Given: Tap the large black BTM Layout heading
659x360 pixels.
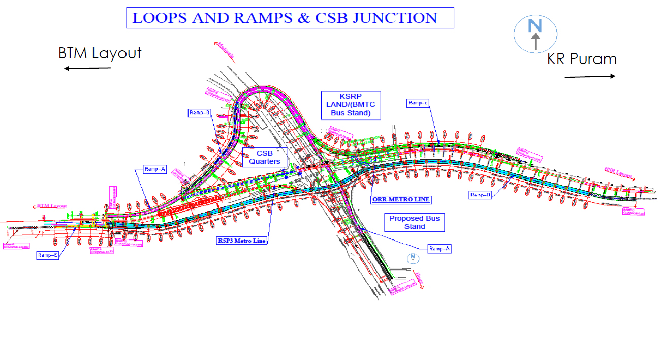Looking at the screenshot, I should click(100, 53).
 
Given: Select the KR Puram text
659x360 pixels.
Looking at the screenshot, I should click(582, 59).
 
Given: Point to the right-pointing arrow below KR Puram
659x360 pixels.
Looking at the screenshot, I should click(590, 76).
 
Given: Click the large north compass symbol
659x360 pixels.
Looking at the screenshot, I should click(535, 34).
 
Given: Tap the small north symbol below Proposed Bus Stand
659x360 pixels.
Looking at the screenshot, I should click(414, 258).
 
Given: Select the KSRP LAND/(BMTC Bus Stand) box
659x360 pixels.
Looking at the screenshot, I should click(351, 105).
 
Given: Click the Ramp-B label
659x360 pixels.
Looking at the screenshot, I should click(199, 113).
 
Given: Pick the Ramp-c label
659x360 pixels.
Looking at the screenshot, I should click(418, 103).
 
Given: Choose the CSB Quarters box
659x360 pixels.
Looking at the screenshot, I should click(264, 157).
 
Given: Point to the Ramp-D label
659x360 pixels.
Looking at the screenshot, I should click(480, 195).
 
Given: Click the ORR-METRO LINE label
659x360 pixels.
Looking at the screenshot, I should click(401, 200).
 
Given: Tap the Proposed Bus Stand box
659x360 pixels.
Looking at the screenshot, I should click(414, 222).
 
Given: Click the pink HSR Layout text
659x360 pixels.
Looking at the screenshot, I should click(618, 173).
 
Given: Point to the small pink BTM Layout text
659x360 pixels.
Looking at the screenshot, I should click(52, 206).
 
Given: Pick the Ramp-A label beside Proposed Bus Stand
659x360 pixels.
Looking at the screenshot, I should click(440, 249).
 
